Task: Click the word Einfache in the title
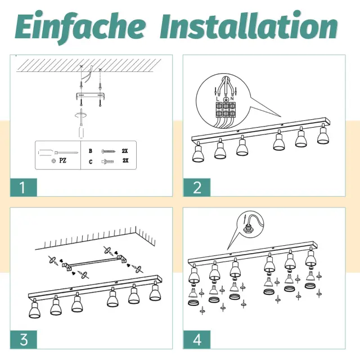(80, 26)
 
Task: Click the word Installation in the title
(249, 26)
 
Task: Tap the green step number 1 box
(24, 187)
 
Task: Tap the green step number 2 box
(197, 187)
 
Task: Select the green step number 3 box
(24, 340)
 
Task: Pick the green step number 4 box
(197, 340)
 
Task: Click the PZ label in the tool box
(62, 160)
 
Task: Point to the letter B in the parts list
(91, 151)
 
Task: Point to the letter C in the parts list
(91, 162)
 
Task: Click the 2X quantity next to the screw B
(125, 151)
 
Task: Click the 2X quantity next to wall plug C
(125, 160)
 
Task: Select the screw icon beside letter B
(109, 151)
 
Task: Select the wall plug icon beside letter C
(107, 162)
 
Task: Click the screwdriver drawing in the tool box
(58, 152)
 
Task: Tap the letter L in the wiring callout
(218, 99)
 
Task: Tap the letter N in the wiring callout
(232, 98)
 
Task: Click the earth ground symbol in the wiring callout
(226, 99)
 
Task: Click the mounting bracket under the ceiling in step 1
(91, 96)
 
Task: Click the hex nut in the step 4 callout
(247, 229)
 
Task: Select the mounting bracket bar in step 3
(94, 263)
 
